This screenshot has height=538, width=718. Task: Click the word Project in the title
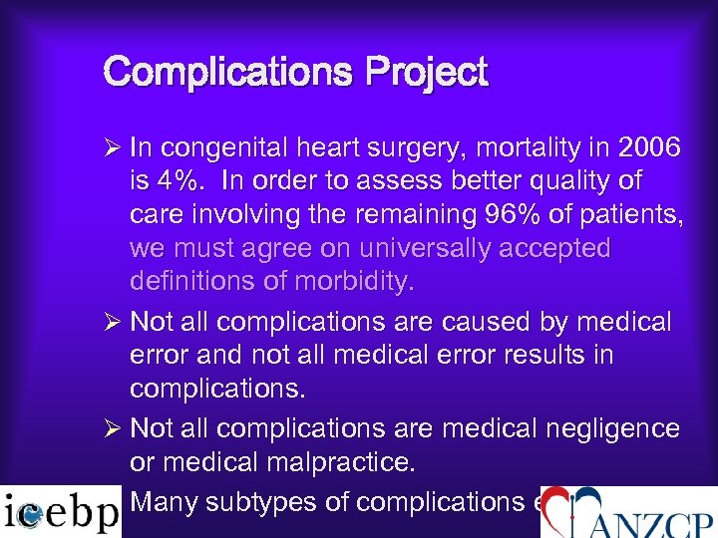tap(427, 74)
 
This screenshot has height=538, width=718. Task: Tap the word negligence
tap(615, 428)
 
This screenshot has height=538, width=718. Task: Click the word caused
tap(493, 322)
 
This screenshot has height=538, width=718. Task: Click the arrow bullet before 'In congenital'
tap(113, 148)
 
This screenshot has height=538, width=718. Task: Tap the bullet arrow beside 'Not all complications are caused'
tap(113, 322)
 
